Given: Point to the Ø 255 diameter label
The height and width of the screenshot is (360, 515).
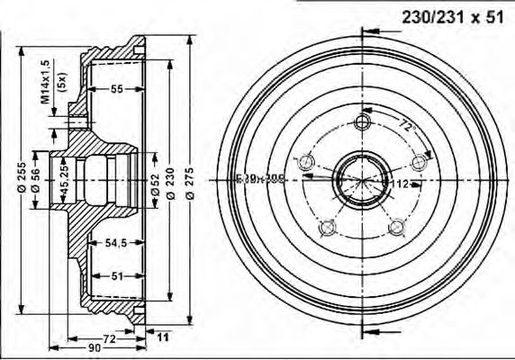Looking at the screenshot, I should [19, 177].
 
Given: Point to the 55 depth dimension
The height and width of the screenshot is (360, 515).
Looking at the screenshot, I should [116, 90].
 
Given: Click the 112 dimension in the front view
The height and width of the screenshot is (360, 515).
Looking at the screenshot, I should [401, 183].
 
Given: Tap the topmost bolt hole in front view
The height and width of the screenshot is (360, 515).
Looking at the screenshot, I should [364, 122].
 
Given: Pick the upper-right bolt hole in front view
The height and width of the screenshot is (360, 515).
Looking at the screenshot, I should [418, 162].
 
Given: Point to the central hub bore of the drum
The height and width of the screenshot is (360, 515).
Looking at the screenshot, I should [363, 179].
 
